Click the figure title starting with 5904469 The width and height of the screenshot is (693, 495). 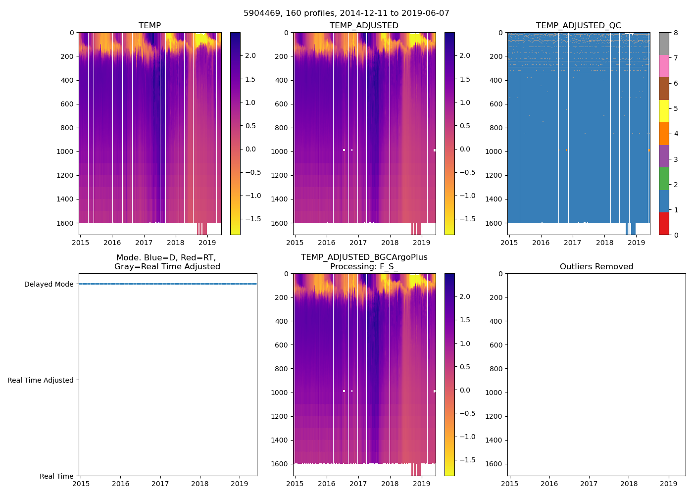346,13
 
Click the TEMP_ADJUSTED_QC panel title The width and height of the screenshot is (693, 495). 578,26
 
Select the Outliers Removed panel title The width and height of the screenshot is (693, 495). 596,267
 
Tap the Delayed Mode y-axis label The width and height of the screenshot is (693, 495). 49,284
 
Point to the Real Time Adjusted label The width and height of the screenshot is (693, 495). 40,380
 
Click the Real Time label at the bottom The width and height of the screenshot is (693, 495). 56,476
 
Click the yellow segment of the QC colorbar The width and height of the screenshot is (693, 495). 664,111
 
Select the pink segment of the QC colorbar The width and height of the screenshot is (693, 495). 664,66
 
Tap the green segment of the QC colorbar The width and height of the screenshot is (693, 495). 664,178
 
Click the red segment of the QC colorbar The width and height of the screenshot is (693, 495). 664,223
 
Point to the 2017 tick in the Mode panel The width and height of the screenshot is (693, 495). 160,484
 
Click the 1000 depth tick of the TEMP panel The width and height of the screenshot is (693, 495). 65,151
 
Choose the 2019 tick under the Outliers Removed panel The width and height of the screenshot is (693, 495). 668,484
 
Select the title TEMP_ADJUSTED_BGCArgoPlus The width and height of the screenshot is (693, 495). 364,257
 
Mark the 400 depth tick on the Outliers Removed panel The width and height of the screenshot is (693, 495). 496,321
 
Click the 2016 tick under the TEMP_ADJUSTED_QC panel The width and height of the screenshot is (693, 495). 541,243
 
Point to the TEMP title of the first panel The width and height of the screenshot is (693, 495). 149,26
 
